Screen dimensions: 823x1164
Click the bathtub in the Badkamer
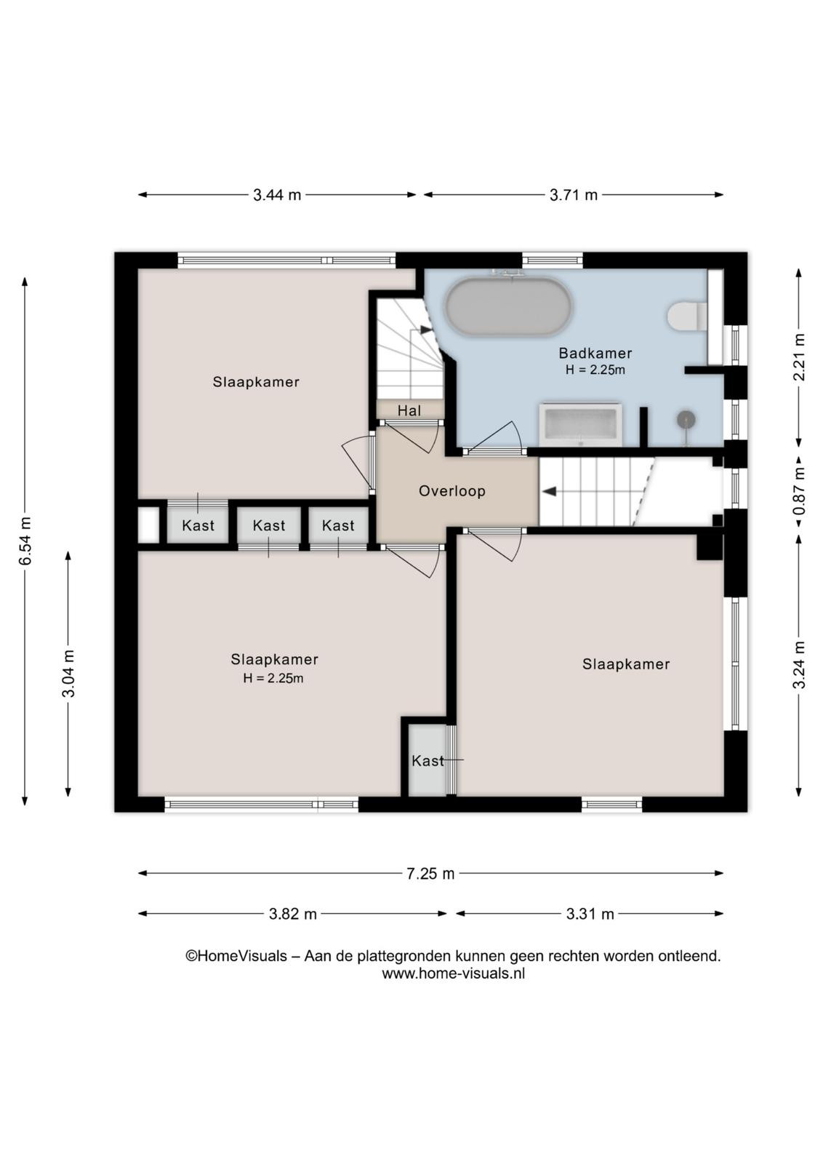509,307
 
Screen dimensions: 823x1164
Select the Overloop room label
452,491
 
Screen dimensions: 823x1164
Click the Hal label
409,411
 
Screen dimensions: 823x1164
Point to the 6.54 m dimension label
25,541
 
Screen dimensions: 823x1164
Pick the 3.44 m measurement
277,195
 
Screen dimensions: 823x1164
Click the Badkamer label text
595,354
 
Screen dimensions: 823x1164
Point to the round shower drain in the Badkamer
686,419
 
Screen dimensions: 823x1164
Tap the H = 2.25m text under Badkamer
595,370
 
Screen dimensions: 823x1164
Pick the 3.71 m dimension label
574,195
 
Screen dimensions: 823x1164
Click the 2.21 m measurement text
799,357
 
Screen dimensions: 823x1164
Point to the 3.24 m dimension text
799,665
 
